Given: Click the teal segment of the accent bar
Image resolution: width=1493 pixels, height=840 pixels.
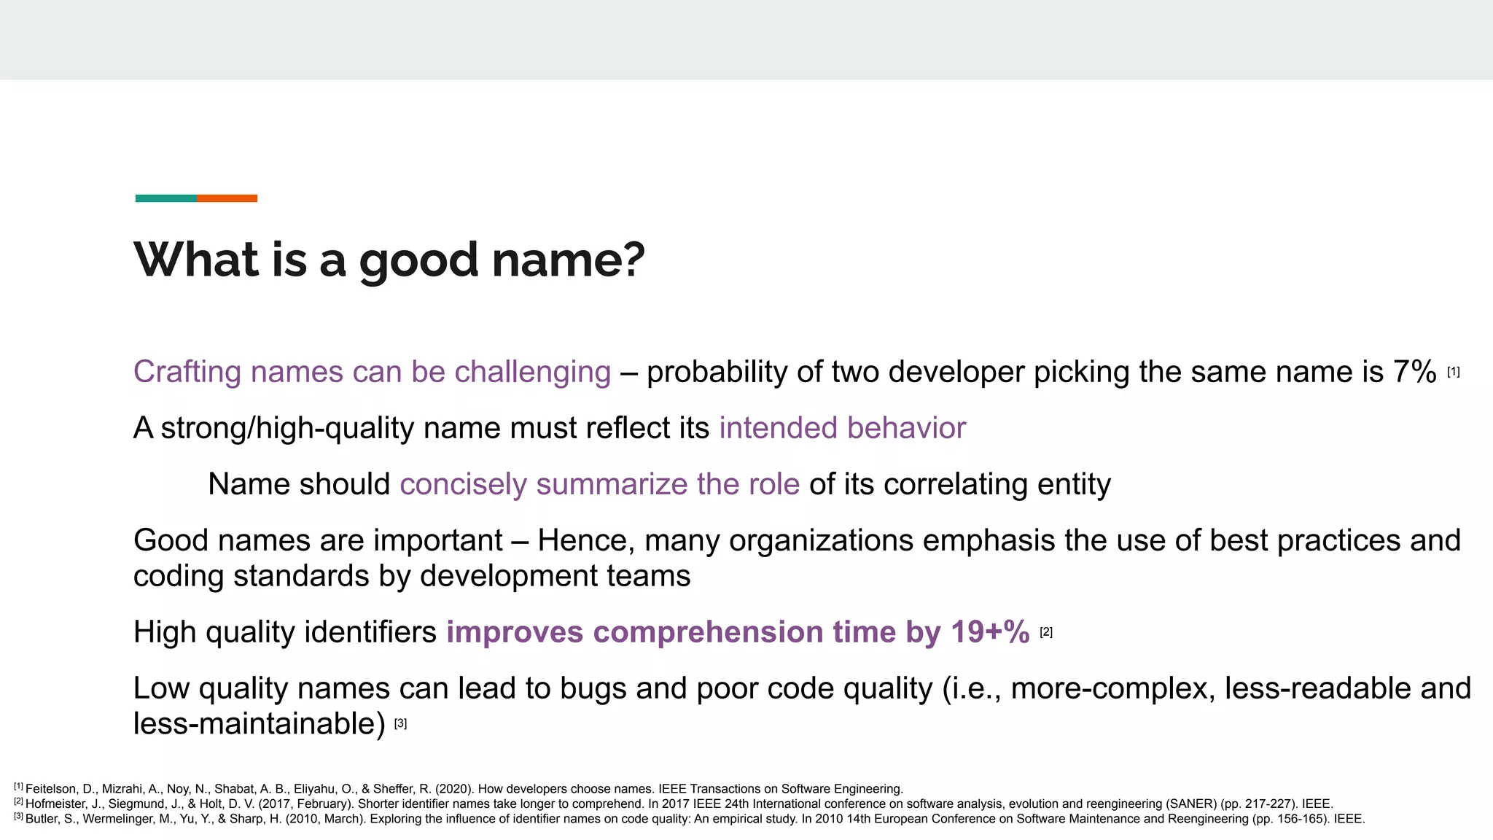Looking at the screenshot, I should tap(165, 198).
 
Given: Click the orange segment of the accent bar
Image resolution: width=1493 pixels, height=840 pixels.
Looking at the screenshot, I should tap(227, 198).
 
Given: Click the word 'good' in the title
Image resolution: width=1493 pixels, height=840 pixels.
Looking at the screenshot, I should tap(418, 261).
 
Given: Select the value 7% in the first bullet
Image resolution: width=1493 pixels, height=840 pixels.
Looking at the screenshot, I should tap(1414, 372).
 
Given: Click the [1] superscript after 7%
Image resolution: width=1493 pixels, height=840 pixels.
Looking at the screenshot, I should tap(1453, 372).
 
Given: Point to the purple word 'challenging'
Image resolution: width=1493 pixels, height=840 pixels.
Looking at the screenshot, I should tap(532, 373).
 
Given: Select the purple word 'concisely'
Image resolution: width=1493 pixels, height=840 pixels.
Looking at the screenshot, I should tap(463, 484).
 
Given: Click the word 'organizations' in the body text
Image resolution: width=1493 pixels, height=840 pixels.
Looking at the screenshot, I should tap(821, 540).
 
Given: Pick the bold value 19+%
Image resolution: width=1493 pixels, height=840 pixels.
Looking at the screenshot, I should tap(990, 631).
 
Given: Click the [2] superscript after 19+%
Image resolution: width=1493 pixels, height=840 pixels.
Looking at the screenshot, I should tap(1046, 632).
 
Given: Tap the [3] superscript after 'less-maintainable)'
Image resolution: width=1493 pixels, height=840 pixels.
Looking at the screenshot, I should tap(400, 723).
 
